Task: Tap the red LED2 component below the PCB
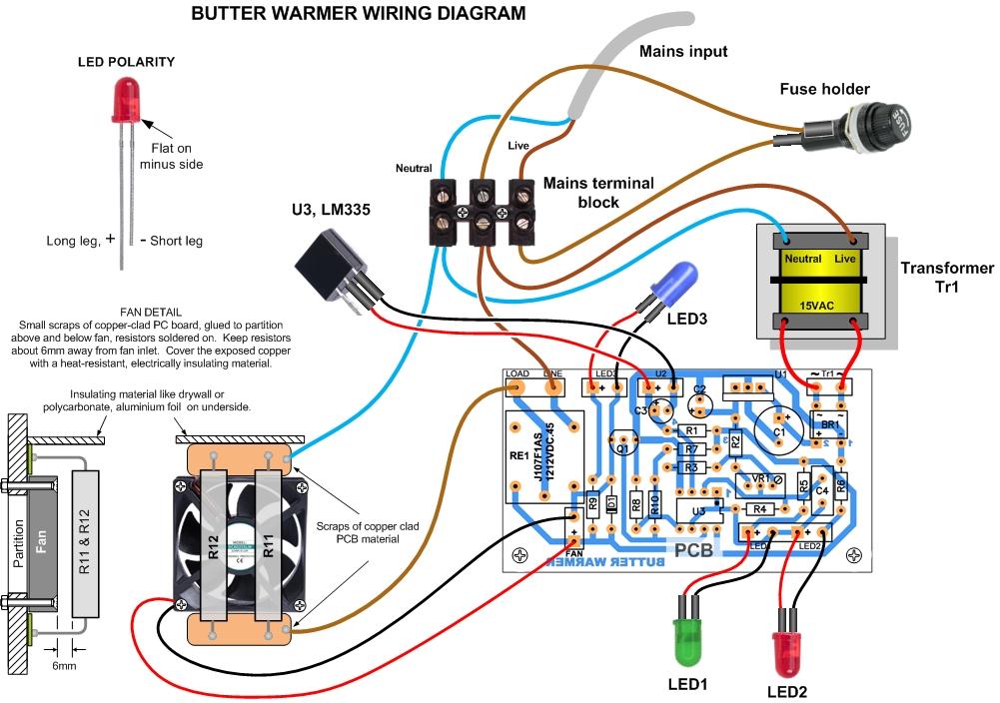coord(786,649)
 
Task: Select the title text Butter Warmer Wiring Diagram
coord(357,14)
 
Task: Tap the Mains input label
coord(682,51)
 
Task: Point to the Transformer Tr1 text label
coord(947,278)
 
